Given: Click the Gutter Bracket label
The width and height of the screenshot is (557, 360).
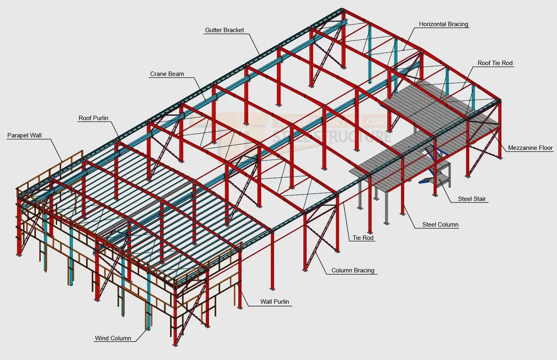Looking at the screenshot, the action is pos(224,30).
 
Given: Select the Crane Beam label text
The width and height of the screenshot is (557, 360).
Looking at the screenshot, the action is pos(167,74).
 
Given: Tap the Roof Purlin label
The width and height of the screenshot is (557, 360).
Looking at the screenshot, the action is pos(94,118).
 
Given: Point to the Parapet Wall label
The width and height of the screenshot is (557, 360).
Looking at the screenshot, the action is pos(24,136).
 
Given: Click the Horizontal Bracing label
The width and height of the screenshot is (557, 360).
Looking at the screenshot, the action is pos(443,24).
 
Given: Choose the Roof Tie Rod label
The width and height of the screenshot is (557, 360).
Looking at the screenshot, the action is pos(495,63).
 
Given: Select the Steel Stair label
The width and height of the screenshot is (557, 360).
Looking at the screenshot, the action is pos(472,199).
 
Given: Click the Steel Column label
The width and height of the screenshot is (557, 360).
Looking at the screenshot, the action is pos(440,225).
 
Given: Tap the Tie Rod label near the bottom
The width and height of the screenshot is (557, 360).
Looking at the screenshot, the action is pos(363,238).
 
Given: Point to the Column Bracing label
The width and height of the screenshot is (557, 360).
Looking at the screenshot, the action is pos(353,271).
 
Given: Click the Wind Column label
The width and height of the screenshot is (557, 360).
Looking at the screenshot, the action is pos(113,338).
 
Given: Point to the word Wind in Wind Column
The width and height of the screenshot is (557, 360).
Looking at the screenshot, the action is pos(101,338).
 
